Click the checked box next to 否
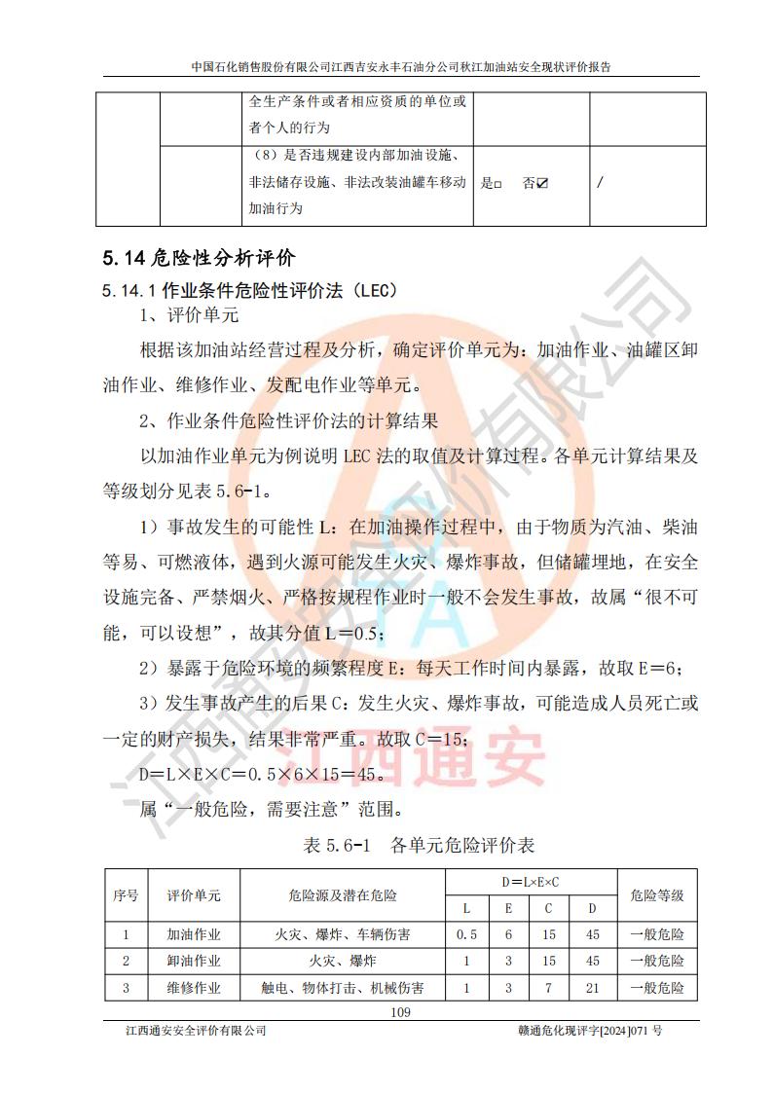(542, 183)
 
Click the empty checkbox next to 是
(497, 183)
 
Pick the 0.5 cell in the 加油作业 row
(466, 934)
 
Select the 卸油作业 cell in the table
(194, 962)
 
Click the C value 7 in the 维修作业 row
(549, 988)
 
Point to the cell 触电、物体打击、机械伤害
(343, 988)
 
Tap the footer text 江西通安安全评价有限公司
(190, 1031)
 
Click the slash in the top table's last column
(600, 183)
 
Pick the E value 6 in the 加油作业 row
(508, 934)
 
